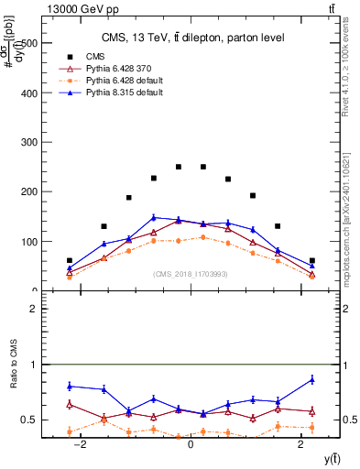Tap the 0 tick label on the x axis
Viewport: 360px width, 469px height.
point(190,444)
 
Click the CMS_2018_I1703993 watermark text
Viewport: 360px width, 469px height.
point(191,274)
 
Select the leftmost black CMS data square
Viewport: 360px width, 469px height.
point(70,261)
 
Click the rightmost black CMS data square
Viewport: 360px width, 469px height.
point(311,261)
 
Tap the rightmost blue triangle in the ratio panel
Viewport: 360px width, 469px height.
point(311,379)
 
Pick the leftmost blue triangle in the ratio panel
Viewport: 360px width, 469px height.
point(70,386)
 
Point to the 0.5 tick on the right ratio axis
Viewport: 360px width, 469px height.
point(349,420)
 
